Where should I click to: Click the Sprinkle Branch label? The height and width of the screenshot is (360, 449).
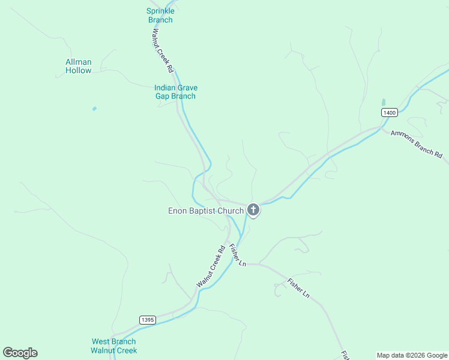point(160,16)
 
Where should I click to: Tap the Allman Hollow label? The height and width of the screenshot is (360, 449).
point(79,66)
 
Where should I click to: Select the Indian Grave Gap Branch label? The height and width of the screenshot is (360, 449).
point(176,92)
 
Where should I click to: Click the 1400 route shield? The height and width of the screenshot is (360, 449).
point(390,113)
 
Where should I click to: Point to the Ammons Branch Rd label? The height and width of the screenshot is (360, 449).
point(416,145)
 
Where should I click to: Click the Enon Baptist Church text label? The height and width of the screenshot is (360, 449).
point(206,211)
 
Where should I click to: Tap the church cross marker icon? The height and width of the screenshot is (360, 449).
point(253,210)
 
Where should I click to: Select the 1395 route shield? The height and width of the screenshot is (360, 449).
point(147,320)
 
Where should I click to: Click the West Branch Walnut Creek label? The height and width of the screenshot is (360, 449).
point(114,346)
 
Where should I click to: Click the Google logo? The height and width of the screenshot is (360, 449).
point(20,353)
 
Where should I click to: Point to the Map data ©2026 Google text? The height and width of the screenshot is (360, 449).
point(412,355)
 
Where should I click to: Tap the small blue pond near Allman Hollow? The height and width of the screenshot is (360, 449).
point(94,109)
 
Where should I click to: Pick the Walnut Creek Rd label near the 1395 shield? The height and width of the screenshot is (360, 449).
point(211,266)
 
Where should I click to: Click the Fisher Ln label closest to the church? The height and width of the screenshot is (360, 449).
point(238,254)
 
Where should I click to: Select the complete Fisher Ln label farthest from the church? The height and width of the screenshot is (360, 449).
point(298,288)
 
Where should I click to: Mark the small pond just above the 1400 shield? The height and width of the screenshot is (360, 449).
point(383,103)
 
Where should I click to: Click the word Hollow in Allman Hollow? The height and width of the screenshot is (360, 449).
point(79,71)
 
